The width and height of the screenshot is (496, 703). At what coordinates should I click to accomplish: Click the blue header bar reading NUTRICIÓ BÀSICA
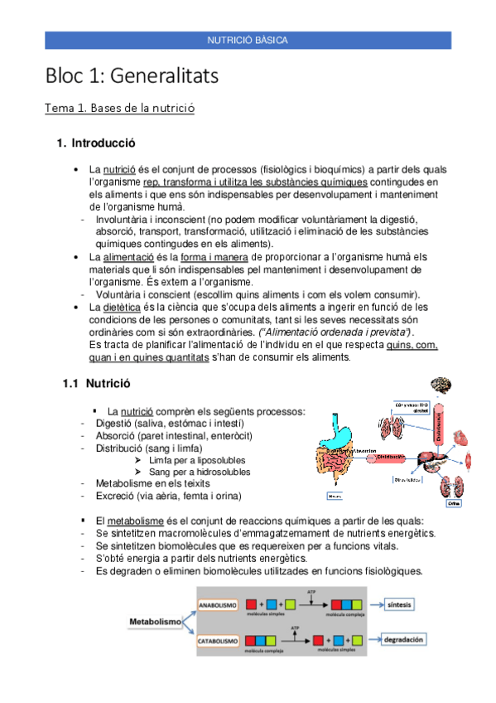tap(248, 40)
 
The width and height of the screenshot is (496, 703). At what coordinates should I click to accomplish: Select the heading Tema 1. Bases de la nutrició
tap(120, 109)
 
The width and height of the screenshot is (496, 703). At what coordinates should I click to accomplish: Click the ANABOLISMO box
tap(218, 604)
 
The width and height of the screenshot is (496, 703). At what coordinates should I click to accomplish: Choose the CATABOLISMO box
tap(218, 641)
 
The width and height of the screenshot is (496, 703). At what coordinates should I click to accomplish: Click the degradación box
tap(403, 640)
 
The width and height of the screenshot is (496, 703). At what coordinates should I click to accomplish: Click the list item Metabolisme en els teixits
tap(142, 483)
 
